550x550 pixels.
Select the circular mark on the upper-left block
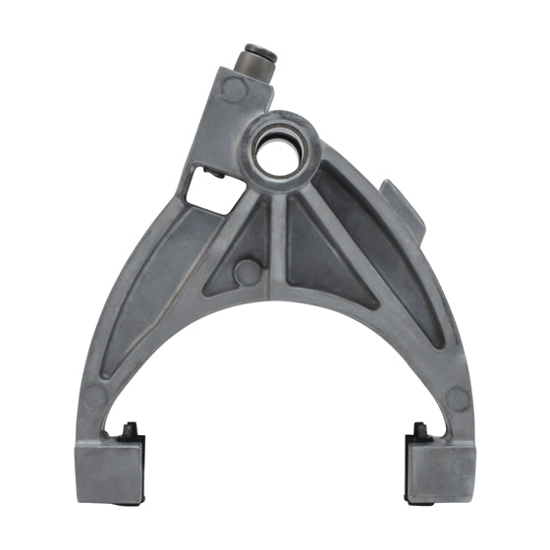coord(233,90)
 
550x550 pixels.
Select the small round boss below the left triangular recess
coord(249,272)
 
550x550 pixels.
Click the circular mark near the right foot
coord(458,399)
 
